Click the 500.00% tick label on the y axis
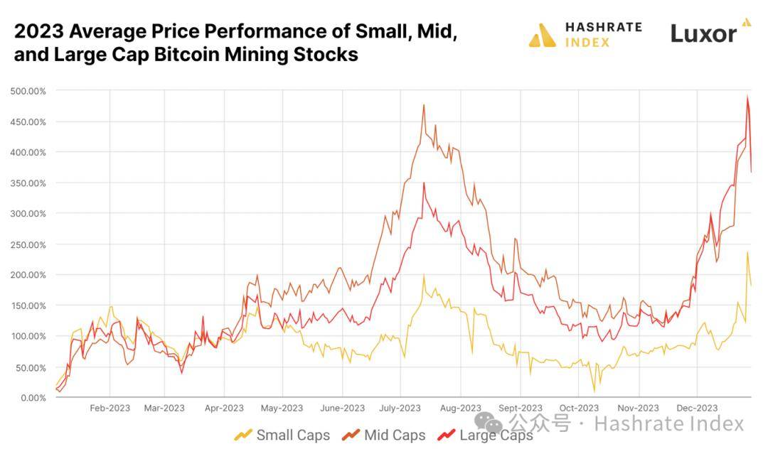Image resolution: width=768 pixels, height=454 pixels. tap(28, 91)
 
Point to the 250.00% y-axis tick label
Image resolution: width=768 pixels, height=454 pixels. tap(28, 244)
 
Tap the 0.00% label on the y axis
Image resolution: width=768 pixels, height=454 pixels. tap(31, 397)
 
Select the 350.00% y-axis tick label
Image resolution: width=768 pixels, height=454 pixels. tap(28, 183)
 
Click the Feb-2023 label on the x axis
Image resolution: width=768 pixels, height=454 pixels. tap(110, 408)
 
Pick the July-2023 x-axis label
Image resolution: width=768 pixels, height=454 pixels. tap(400, 408)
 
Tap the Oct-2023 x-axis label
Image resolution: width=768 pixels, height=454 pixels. tap(579, 408)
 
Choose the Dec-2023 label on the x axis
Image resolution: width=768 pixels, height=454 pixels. tap(697, 408)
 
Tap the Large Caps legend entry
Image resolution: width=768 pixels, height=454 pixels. tap(486, 435)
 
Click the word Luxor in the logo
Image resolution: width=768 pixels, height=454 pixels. tap(703, 33)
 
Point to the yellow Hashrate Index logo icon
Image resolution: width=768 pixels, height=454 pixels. tap(542, 35)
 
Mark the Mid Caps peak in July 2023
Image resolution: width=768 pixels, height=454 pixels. tap(424, 105)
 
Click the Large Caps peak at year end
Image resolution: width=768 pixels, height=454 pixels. tap(747, 97)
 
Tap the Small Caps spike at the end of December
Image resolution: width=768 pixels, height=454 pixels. tap(747, 252)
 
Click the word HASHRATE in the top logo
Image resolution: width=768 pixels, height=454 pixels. tap(603, 27)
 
